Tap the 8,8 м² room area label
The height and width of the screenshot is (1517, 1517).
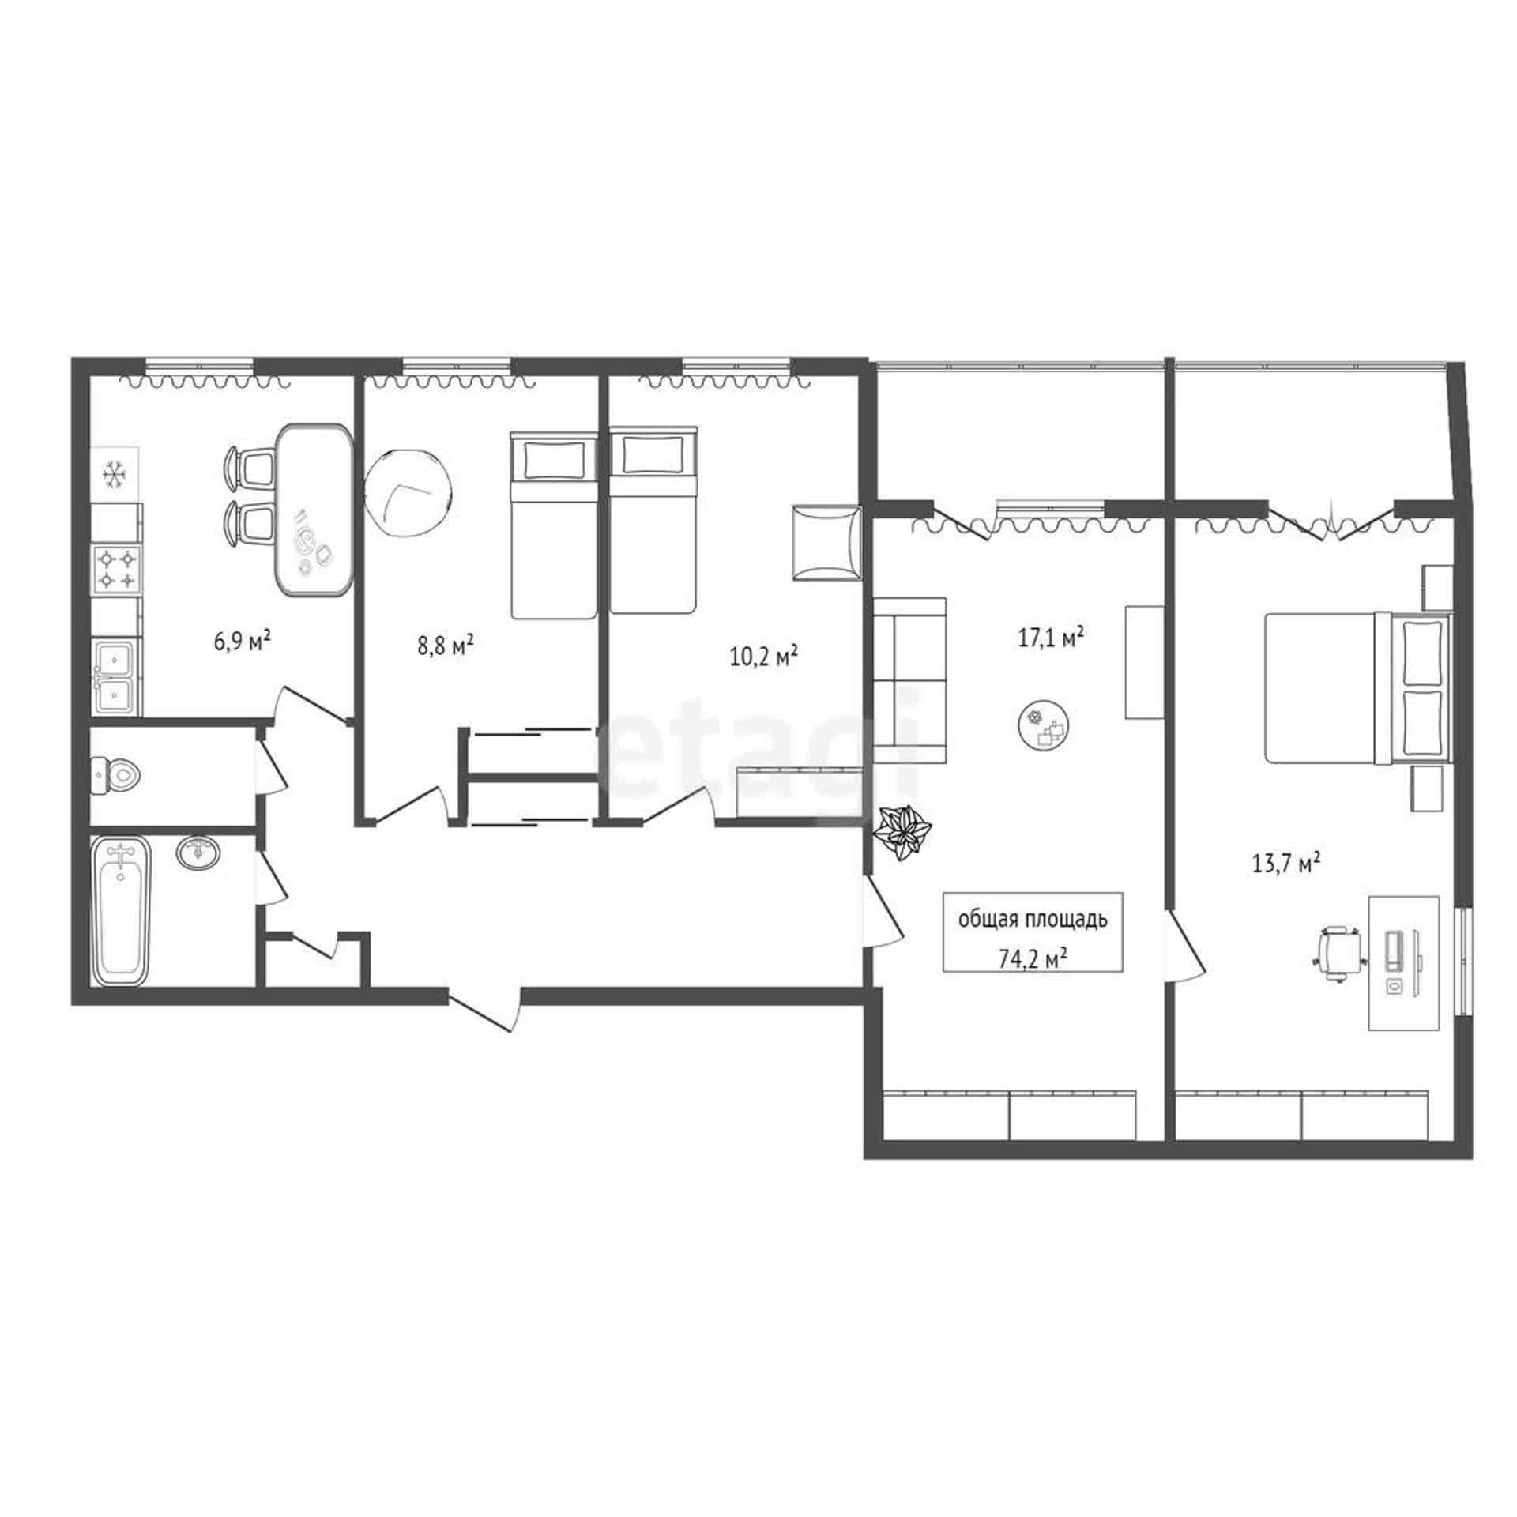click(446, 646)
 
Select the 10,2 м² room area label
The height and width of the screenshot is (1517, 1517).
click(763, 656)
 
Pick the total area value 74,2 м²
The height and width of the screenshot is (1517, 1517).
click(1033, 959)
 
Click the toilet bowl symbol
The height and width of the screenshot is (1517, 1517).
click(116, 774)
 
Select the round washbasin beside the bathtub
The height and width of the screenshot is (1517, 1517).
click(199, 853)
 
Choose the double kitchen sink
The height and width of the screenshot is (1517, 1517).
click(116, 676)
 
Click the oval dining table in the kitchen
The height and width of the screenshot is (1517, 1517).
click(315, 510)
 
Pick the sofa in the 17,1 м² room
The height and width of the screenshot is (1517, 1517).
click(909, 680)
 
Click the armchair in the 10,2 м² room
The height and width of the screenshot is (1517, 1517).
click(826, 543)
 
